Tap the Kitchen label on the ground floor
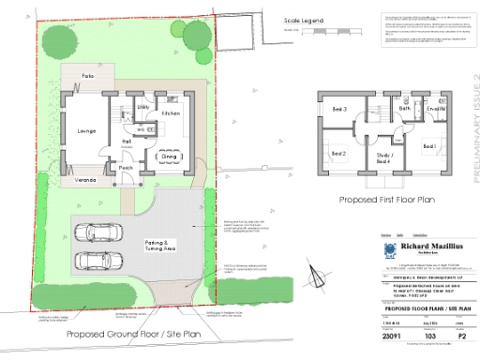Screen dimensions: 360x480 [171, 113]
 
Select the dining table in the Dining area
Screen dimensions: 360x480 [170, 156]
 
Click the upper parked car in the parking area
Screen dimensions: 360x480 [97, 232]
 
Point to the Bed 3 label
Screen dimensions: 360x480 [338, 110]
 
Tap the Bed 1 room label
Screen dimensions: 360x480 [428, 147]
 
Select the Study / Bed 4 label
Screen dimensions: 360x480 [384, 157]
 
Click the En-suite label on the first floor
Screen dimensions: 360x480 [436, 110]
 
